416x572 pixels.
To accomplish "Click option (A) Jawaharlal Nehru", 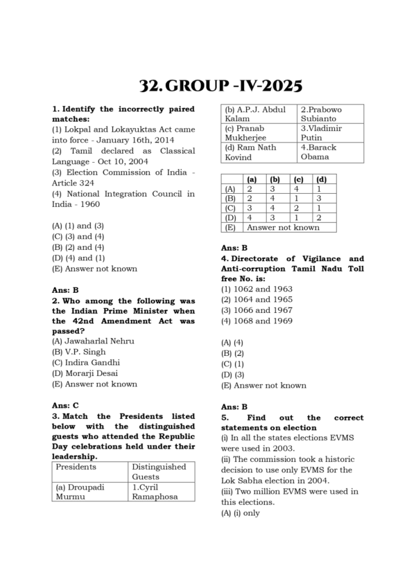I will tap(93, 341).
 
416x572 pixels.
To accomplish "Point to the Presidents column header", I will tap(76, 467).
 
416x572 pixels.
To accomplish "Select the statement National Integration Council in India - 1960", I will tap(123, 199).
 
